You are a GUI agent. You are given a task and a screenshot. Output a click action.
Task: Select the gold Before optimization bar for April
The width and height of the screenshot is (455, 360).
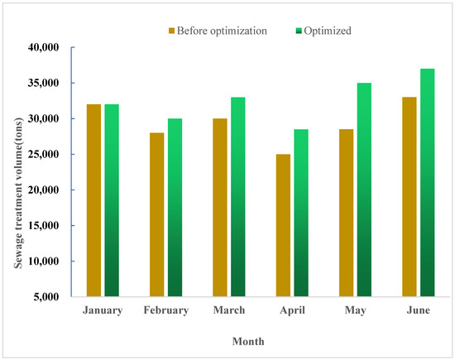tap(283, 225)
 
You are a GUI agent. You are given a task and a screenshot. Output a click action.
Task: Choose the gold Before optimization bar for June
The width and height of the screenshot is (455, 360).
tap(409, 196)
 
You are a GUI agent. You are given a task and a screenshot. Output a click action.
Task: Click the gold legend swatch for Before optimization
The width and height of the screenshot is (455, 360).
tap(172, 30)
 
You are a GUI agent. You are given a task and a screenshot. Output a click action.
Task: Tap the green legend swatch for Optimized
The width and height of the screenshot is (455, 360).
tap(299, 30)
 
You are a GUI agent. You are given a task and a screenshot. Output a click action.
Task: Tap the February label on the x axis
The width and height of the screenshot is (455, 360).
tap(165, 310)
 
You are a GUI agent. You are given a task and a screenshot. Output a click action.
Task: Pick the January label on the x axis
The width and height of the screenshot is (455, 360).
tap(103, 310)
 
